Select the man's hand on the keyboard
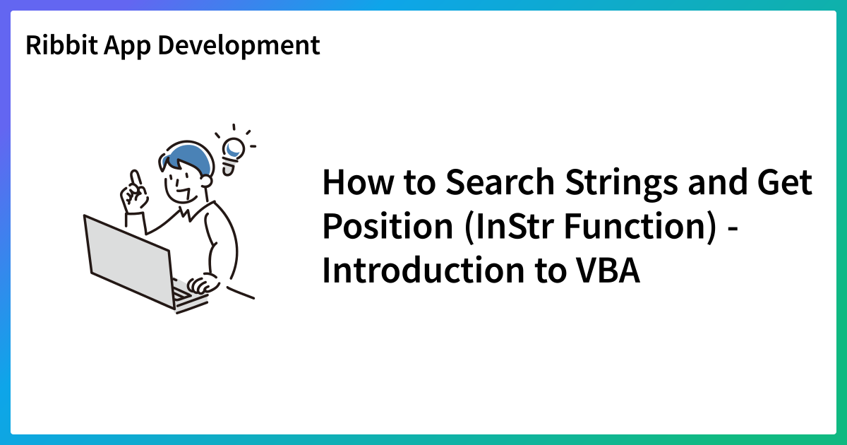point(203,285)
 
